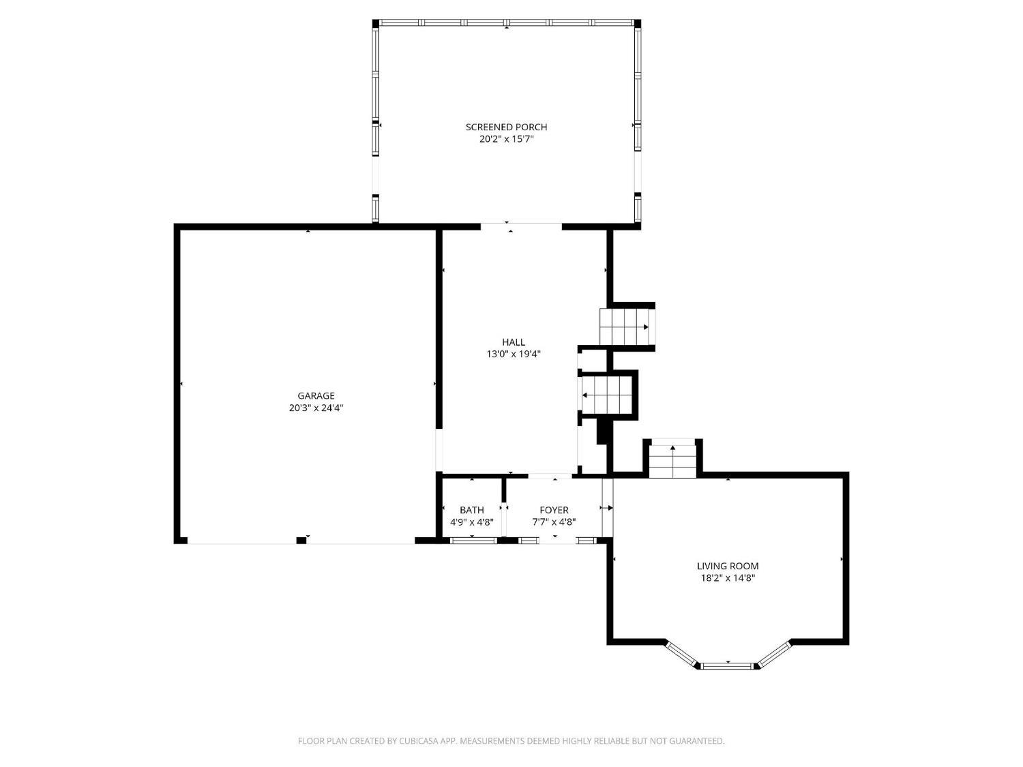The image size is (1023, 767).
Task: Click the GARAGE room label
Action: click(316, 395)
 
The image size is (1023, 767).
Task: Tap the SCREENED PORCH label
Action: click(506, 127)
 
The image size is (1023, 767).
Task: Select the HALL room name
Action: click(513, 342)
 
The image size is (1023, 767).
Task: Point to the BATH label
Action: click(472, 510)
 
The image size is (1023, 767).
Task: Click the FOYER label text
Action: click(554, 510)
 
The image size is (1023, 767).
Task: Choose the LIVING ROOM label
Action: click(727, 566)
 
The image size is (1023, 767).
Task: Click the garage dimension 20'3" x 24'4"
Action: click(316, 408)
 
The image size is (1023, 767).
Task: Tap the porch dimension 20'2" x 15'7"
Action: click(506, 139)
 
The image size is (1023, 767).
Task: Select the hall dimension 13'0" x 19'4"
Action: click(513, 354)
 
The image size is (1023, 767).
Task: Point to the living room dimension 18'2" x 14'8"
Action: click(728, 578)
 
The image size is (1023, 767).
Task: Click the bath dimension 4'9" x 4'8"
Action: click(472, 522)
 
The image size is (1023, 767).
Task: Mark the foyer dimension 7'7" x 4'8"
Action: click(554, 522)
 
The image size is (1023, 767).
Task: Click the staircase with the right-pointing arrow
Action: click(627, 327)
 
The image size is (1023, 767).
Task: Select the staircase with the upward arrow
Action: click(672, 459)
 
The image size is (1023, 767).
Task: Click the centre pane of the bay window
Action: click(728, 666)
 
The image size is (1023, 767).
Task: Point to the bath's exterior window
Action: click(473, 540)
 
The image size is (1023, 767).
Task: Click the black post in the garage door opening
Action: click(301, 540)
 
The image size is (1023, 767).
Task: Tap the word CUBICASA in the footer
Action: click(419, 740)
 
